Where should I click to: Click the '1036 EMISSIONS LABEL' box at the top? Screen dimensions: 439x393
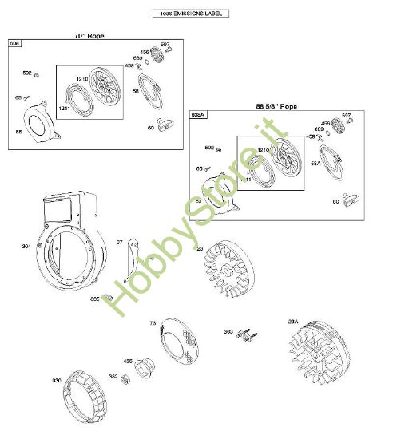coord(189,14)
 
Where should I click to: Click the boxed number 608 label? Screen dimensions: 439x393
coord(14,43)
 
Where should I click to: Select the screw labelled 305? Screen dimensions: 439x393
coord(113,298)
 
